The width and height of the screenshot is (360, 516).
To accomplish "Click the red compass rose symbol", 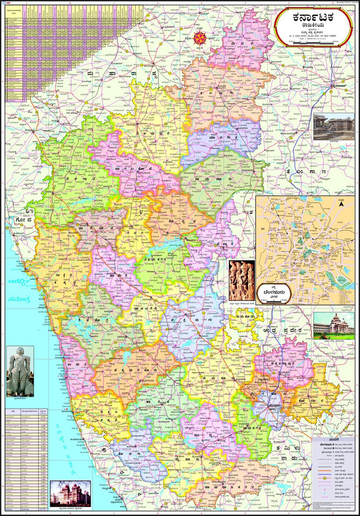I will pos(199,37).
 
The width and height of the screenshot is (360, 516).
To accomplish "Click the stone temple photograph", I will pos(334,127).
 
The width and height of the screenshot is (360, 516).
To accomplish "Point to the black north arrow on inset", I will pos(341,205).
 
